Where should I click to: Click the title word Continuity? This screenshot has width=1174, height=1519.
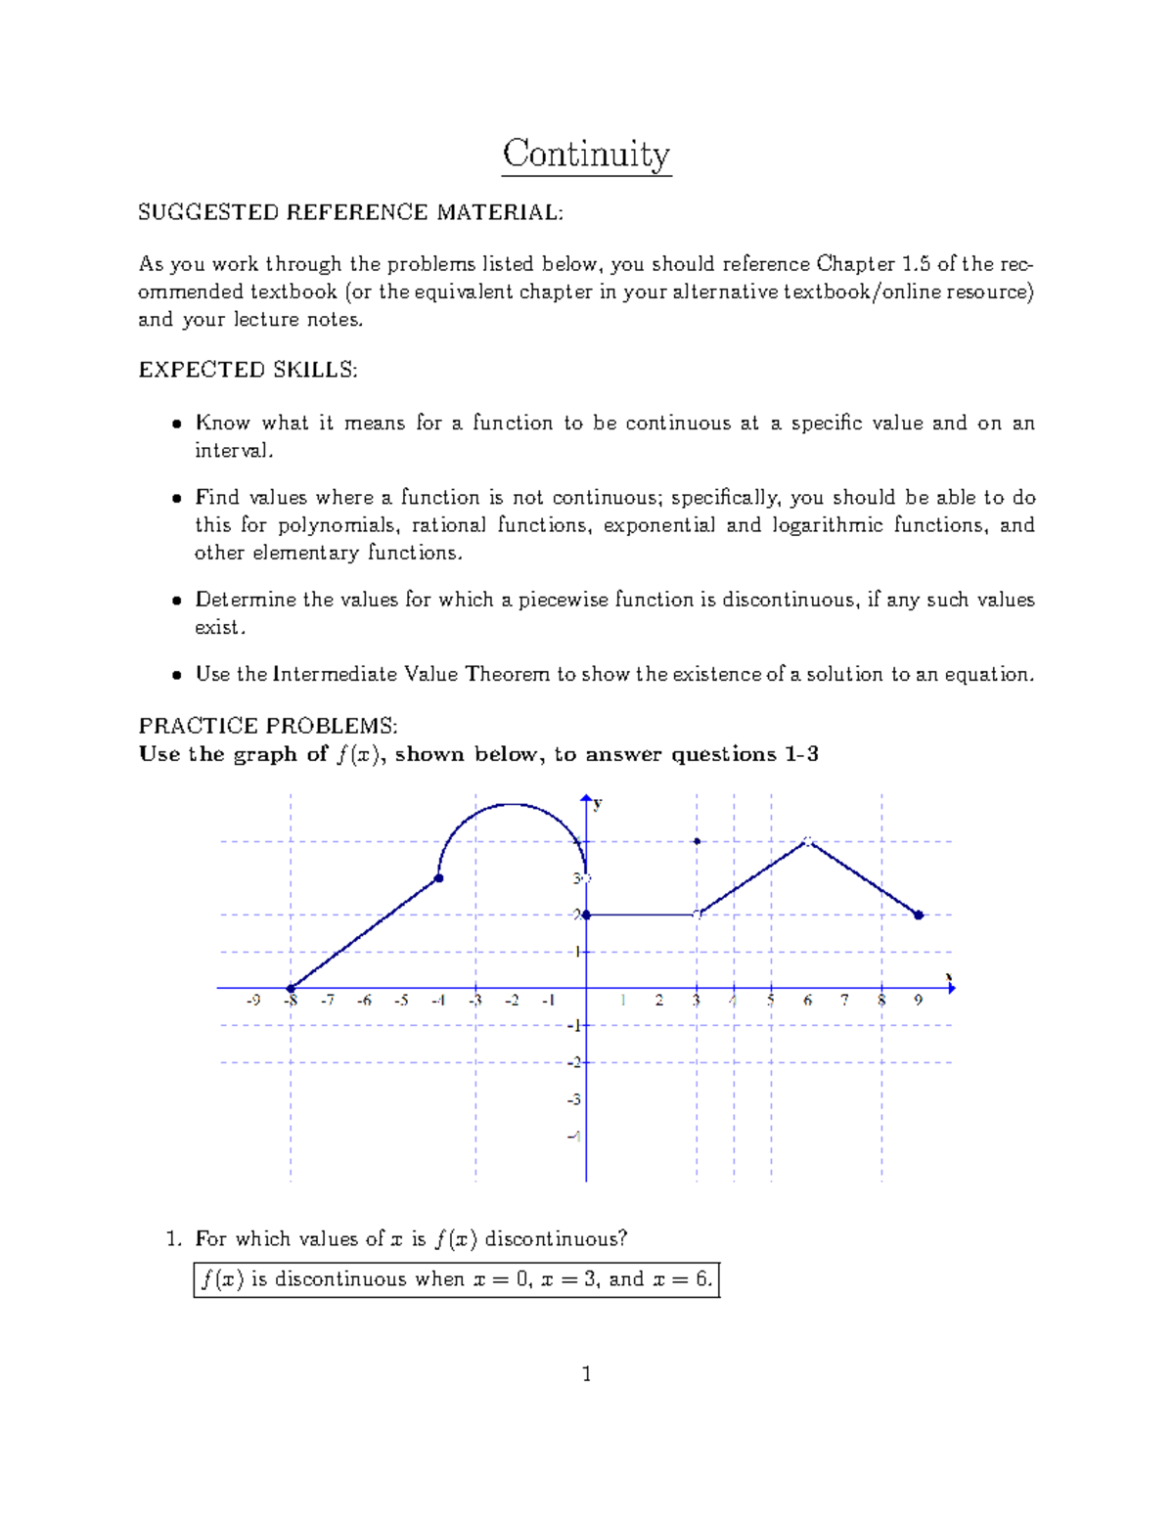tap(586, 155)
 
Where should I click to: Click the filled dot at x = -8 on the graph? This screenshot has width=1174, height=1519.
tap(291, 989)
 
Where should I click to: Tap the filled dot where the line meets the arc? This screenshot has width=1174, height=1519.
tap(439, 878)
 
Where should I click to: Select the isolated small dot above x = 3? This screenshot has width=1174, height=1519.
tap(697, 841)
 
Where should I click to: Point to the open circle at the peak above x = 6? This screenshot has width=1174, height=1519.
tap(807, 840)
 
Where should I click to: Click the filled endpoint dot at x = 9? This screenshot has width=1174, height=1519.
tap(919, 916)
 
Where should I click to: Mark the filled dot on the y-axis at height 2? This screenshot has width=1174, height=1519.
tap(585, 916)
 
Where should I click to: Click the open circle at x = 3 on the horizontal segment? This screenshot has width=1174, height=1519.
tap(697, 915)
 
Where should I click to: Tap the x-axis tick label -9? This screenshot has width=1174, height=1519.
tap(253, 1001)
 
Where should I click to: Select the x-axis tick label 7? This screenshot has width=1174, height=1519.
tap(844, 1001)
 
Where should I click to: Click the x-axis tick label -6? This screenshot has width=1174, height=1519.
tap(364, 1001)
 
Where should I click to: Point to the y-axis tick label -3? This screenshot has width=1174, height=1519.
tap(573, 1100)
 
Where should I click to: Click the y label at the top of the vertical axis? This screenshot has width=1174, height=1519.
tap(598, 804)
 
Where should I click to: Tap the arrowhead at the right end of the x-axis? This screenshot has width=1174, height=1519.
tap(951, 989)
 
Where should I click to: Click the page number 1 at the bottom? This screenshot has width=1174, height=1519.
tap(586, 1374)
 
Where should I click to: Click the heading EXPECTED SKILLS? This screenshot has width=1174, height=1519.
tap(248, 370)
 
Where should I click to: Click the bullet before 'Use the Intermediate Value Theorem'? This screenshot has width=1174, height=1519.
tap(176, 675)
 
